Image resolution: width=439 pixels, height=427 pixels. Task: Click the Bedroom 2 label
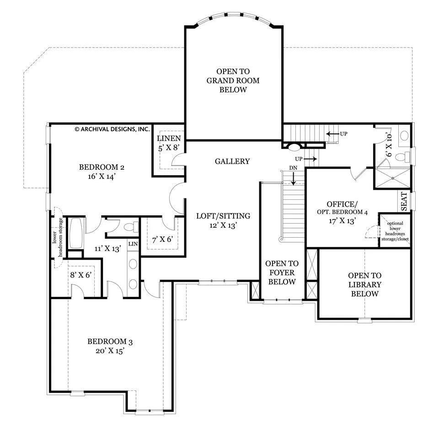[102, 167]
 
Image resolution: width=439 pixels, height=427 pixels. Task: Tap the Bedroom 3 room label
[110, 342]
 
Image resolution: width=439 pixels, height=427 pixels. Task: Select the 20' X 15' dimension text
[110, 351]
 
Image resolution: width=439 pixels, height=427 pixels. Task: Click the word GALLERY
[232, 161]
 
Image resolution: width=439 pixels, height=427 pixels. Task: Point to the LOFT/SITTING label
[223, 216]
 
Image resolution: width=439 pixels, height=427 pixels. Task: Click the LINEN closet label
[169, 138]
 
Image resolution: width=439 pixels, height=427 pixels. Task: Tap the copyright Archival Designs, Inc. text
[112, 129]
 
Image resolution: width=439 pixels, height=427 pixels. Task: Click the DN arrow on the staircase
[293, 178]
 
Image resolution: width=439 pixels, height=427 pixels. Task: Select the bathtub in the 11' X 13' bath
[75, 233]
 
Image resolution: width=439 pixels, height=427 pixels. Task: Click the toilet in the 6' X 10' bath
[402, 156]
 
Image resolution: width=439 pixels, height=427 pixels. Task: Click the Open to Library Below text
[364, 284]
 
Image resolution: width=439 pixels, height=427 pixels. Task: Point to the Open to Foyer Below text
[282, 272]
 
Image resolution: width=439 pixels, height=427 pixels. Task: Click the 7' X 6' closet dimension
[162, 240]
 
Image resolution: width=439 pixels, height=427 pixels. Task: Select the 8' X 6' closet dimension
[81, 275]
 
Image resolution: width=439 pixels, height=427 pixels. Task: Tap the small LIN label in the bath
[133, 244]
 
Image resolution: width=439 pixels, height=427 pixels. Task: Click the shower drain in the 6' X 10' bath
[392, 178]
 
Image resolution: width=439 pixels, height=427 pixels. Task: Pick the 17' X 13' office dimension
[342, 221]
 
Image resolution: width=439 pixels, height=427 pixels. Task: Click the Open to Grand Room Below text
[233, 80]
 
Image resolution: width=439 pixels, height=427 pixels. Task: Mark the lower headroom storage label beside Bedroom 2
[58, 237]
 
